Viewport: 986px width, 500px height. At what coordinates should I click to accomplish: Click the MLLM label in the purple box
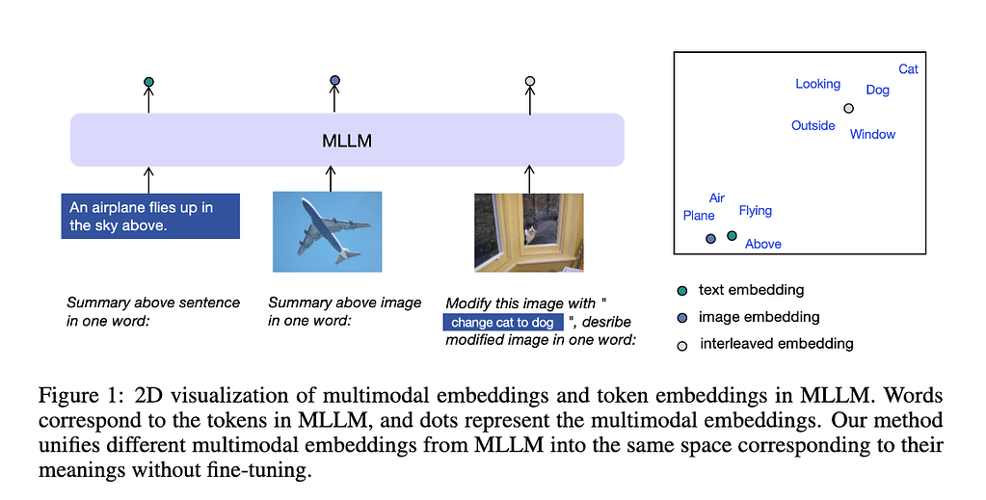347,141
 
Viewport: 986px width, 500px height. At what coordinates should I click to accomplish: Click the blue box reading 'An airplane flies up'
149,217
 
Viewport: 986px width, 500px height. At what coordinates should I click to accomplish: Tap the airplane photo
327,231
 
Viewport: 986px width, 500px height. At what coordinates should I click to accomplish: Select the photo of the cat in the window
528,232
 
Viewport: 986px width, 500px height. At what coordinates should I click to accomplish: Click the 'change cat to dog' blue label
502,323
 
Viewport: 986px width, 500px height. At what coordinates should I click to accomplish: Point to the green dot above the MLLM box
148,82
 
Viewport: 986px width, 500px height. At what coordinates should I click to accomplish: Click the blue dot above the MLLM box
335,81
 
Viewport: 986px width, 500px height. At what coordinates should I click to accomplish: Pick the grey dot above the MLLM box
528,82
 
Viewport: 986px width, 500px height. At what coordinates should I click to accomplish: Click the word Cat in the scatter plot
908,69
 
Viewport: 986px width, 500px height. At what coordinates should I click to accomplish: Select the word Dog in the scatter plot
877,91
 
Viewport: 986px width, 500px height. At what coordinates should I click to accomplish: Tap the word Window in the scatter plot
872,135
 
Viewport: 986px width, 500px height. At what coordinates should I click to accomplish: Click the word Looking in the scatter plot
817,84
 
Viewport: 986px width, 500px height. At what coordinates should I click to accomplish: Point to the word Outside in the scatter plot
813,126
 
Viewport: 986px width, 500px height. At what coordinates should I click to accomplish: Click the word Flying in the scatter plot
755,211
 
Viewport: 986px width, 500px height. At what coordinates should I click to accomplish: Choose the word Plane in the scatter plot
699,216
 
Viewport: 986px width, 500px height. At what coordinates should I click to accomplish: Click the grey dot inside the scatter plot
848,109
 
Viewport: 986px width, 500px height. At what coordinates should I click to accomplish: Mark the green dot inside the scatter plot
732,236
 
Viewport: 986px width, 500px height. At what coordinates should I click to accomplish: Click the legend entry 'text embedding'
750,289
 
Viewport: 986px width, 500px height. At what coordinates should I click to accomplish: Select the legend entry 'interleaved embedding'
776,344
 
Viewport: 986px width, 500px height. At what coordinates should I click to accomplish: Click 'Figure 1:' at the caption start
74,396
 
